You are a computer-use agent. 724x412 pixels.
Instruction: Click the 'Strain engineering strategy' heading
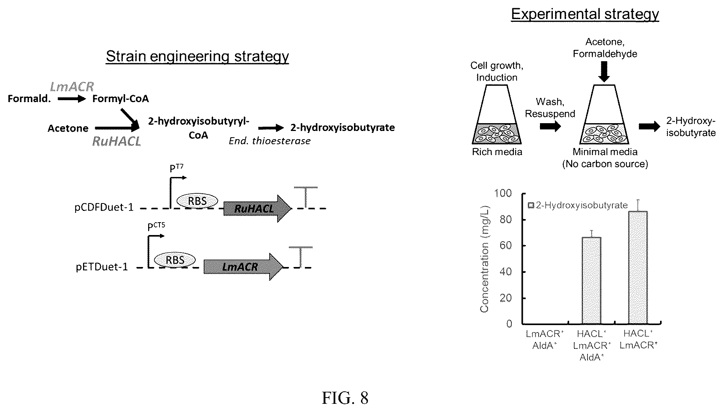197,57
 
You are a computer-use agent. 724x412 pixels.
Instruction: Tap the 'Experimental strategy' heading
585,14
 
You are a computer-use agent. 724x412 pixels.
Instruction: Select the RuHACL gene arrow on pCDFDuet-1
258,209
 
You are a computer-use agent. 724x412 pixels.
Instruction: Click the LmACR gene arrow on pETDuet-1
244,267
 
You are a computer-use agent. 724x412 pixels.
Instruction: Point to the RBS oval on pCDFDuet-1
197,201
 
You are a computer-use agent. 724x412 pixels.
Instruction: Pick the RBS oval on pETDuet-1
175,260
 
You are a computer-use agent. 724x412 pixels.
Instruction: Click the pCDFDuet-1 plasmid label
104,207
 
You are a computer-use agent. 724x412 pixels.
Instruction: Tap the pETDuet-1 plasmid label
102,267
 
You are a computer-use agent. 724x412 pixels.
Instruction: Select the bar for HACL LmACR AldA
591,280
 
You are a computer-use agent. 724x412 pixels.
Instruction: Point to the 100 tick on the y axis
503,193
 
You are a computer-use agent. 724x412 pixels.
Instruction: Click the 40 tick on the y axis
506,272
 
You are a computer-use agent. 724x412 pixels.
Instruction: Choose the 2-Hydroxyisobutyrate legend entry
578,205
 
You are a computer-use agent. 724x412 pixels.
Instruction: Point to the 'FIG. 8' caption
345,398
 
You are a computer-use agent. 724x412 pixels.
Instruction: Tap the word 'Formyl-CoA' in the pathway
120,99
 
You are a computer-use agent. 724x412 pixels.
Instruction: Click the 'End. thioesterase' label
269,141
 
